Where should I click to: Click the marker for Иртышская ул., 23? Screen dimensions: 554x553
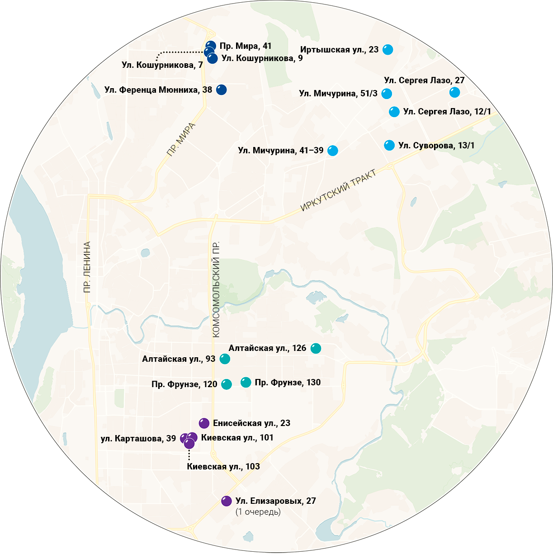pyautogui.click(x=388, y=50)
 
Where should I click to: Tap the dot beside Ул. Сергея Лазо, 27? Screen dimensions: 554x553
pyautogui.click(x=454, y=92)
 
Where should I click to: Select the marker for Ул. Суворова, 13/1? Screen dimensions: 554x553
pyautogui.click(x=389, y=145)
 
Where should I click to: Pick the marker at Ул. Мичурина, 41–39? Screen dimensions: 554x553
pyautogui.click(x=332, y=151)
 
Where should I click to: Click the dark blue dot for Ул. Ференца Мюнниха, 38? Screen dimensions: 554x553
pyautogui.click(x=221, y=90)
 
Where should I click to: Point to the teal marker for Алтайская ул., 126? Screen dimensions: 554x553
pyautogui.click(x=316, y=348)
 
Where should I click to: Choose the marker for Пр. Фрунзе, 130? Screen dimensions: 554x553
pyautogui.click(x=246, y=383)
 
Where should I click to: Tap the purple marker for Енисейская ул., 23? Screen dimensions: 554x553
pyautogui.click(x=204, y=423)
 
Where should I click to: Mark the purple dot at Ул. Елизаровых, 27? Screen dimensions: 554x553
pyautogui.click(x=227, y=501)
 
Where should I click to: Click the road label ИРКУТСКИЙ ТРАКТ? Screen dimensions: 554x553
pyautogui.click(x=338, y=190)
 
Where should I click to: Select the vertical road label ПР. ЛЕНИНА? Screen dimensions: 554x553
pyautogui.click(x=87, y=267)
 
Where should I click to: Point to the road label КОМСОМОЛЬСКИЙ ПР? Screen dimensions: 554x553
pyautogui.click(x=216, y=289)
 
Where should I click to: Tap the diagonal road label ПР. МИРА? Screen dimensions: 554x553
pyautogui.click(x=181, y=139)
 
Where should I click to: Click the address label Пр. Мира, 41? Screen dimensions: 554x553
pyautogui.click(x=246, y=46)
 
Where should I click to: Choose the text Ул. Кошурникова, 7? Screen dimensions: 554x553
pyautogui.click(x=162, y=65)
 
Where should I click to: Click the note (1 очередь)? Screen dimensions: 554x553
pyautogui.click(x=258, y=512)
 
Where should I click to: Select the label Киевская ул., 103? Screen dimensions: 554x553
pyautogui.click(x=223, y=467)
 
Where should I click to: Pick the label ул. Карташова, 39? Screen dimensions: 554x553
pyautogui.click(x=138, y=439)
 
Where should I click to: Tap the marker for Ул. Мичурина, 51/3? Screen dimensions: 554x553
pyautogui.click(x=386, y=94)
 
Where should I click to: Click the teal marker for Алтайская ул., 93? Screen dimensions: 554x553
pyautogui.click(x=225, y=359)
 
